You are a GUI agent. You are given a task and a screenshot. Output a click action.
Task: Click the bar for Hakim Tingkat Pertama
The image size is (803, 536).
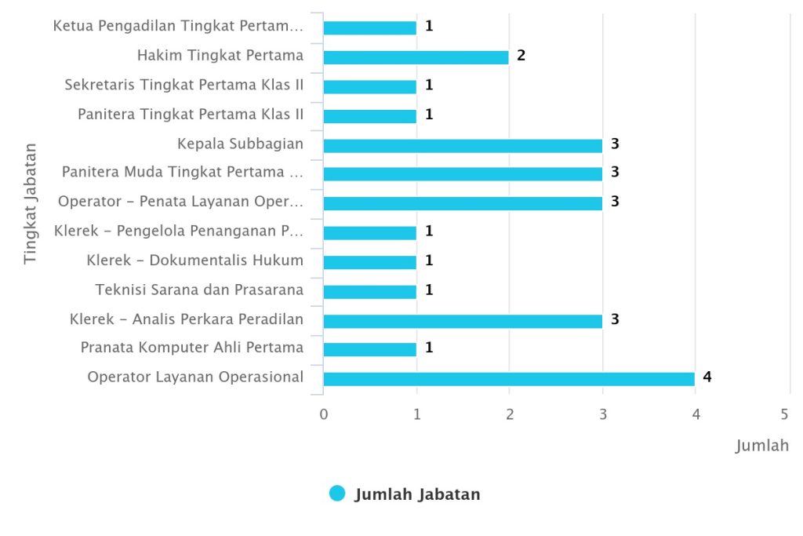tap(416, 57)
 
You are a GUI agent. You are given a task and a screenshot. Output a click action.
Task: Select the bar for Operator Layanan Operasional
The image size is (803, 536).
tap(508, 379)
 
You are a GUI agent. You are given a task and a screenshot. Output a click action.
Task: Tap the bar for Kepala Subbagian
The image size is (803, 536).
tap(463, 145)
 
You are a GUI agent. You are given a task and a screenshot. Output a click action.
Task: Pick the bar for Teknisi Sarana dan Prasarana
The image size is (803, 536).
tap(369, 291)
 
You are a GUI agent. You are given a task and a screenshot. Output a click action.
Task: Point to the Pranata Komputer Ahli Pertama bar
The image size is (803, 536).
tap(369, 349)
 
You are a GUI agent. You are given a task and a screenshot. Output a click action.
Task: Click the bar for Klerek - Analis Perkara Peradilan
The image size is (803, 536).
tap(463, 320)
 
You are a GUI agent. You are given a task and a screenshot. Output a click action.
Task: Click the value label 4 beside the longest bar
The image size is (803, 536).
tap(707, 377)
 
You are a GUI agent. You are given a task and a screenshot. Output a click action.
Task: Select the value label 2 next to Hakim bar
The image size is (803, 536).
tap(521, 55)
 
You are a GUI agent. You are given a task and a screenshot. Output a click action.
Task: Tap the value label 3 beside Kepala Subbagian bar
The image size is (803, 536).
tap(615, 143)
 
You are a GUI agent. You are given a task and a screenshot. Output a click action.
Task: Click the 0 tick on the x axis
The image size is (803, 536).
tap(323, 414)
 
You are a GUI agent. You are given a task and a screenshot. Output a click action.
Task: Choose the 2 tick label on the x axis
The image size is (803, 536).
tap(510, 414)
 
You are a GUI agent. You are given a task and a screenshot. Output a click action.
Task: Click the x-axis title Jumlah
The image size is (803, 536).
tap(761, 447)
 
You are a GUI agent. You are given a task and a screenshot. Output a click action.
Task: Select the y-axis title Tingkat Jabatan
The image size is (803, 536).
tap(30, 203)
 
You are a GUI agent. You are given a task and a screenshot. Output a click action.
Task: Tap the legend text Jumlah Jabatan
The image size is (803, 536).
tap(417, 494)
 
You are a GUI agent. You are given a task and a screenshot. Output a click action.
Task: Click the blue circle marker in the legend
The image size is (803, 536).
tap(337, 494)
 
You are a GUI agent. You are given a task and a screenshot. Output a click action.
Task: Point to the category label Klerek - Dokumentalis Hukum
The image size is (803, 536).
tap(194, 261)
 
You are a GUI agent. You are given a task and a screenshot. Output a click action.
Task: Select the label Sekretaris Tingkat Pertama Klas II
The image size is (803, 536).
tap(183, 85)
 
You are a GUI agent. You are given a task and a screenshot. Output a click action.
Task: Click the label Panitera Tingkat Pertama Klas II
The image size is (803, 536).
tap(190, 115)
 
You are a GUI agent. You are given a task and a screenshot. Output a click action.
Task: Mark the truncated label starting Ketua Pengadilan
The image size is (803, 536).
tap(177, 26)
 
